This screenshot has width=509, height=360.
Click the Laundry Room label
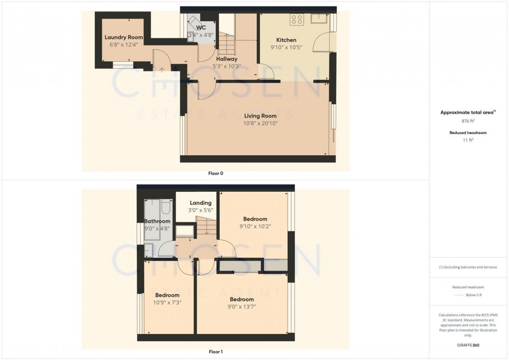coord(124,37)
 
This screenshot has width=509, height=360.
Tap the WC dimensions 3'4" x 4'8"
coord(201,35)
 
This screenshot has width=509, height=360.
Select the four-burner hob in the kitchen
coord(297,19)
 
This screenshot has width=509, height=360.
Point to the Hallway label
coord(226,59)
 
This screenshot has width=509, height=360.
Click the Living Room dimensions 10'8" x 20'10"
coord(261,123)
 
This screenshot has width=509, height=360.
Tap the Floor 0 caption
coord(216,174)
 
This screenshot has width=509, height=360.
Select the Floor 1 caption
coord(216,352)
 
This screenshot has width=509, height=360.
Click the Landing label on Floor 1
coord(200,203)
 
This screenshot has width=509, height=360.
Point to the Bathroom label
coord(157,221)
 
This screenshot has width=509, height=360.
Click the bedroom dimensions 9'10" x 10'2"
coord(255,226)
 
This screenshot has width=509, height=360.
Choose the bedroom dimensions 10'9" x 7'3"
coord(167,302)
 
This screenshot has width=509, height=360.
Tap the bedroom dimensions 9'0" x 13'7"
coord(242,307)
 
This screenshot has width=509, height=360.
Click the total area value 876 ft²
coord(468,121)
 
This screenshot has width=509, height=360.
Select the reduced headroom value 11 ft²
coord(468,140)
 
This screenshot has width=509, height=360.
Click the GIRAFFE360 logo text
coord(468,345)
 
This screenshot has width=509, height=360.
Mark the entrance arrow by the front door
coord(162,69)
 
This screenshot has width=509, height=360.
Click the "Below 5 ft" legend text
coord(474,295)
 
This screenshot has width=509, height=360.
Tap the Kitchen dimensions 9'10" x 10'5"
coord(286,47)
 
